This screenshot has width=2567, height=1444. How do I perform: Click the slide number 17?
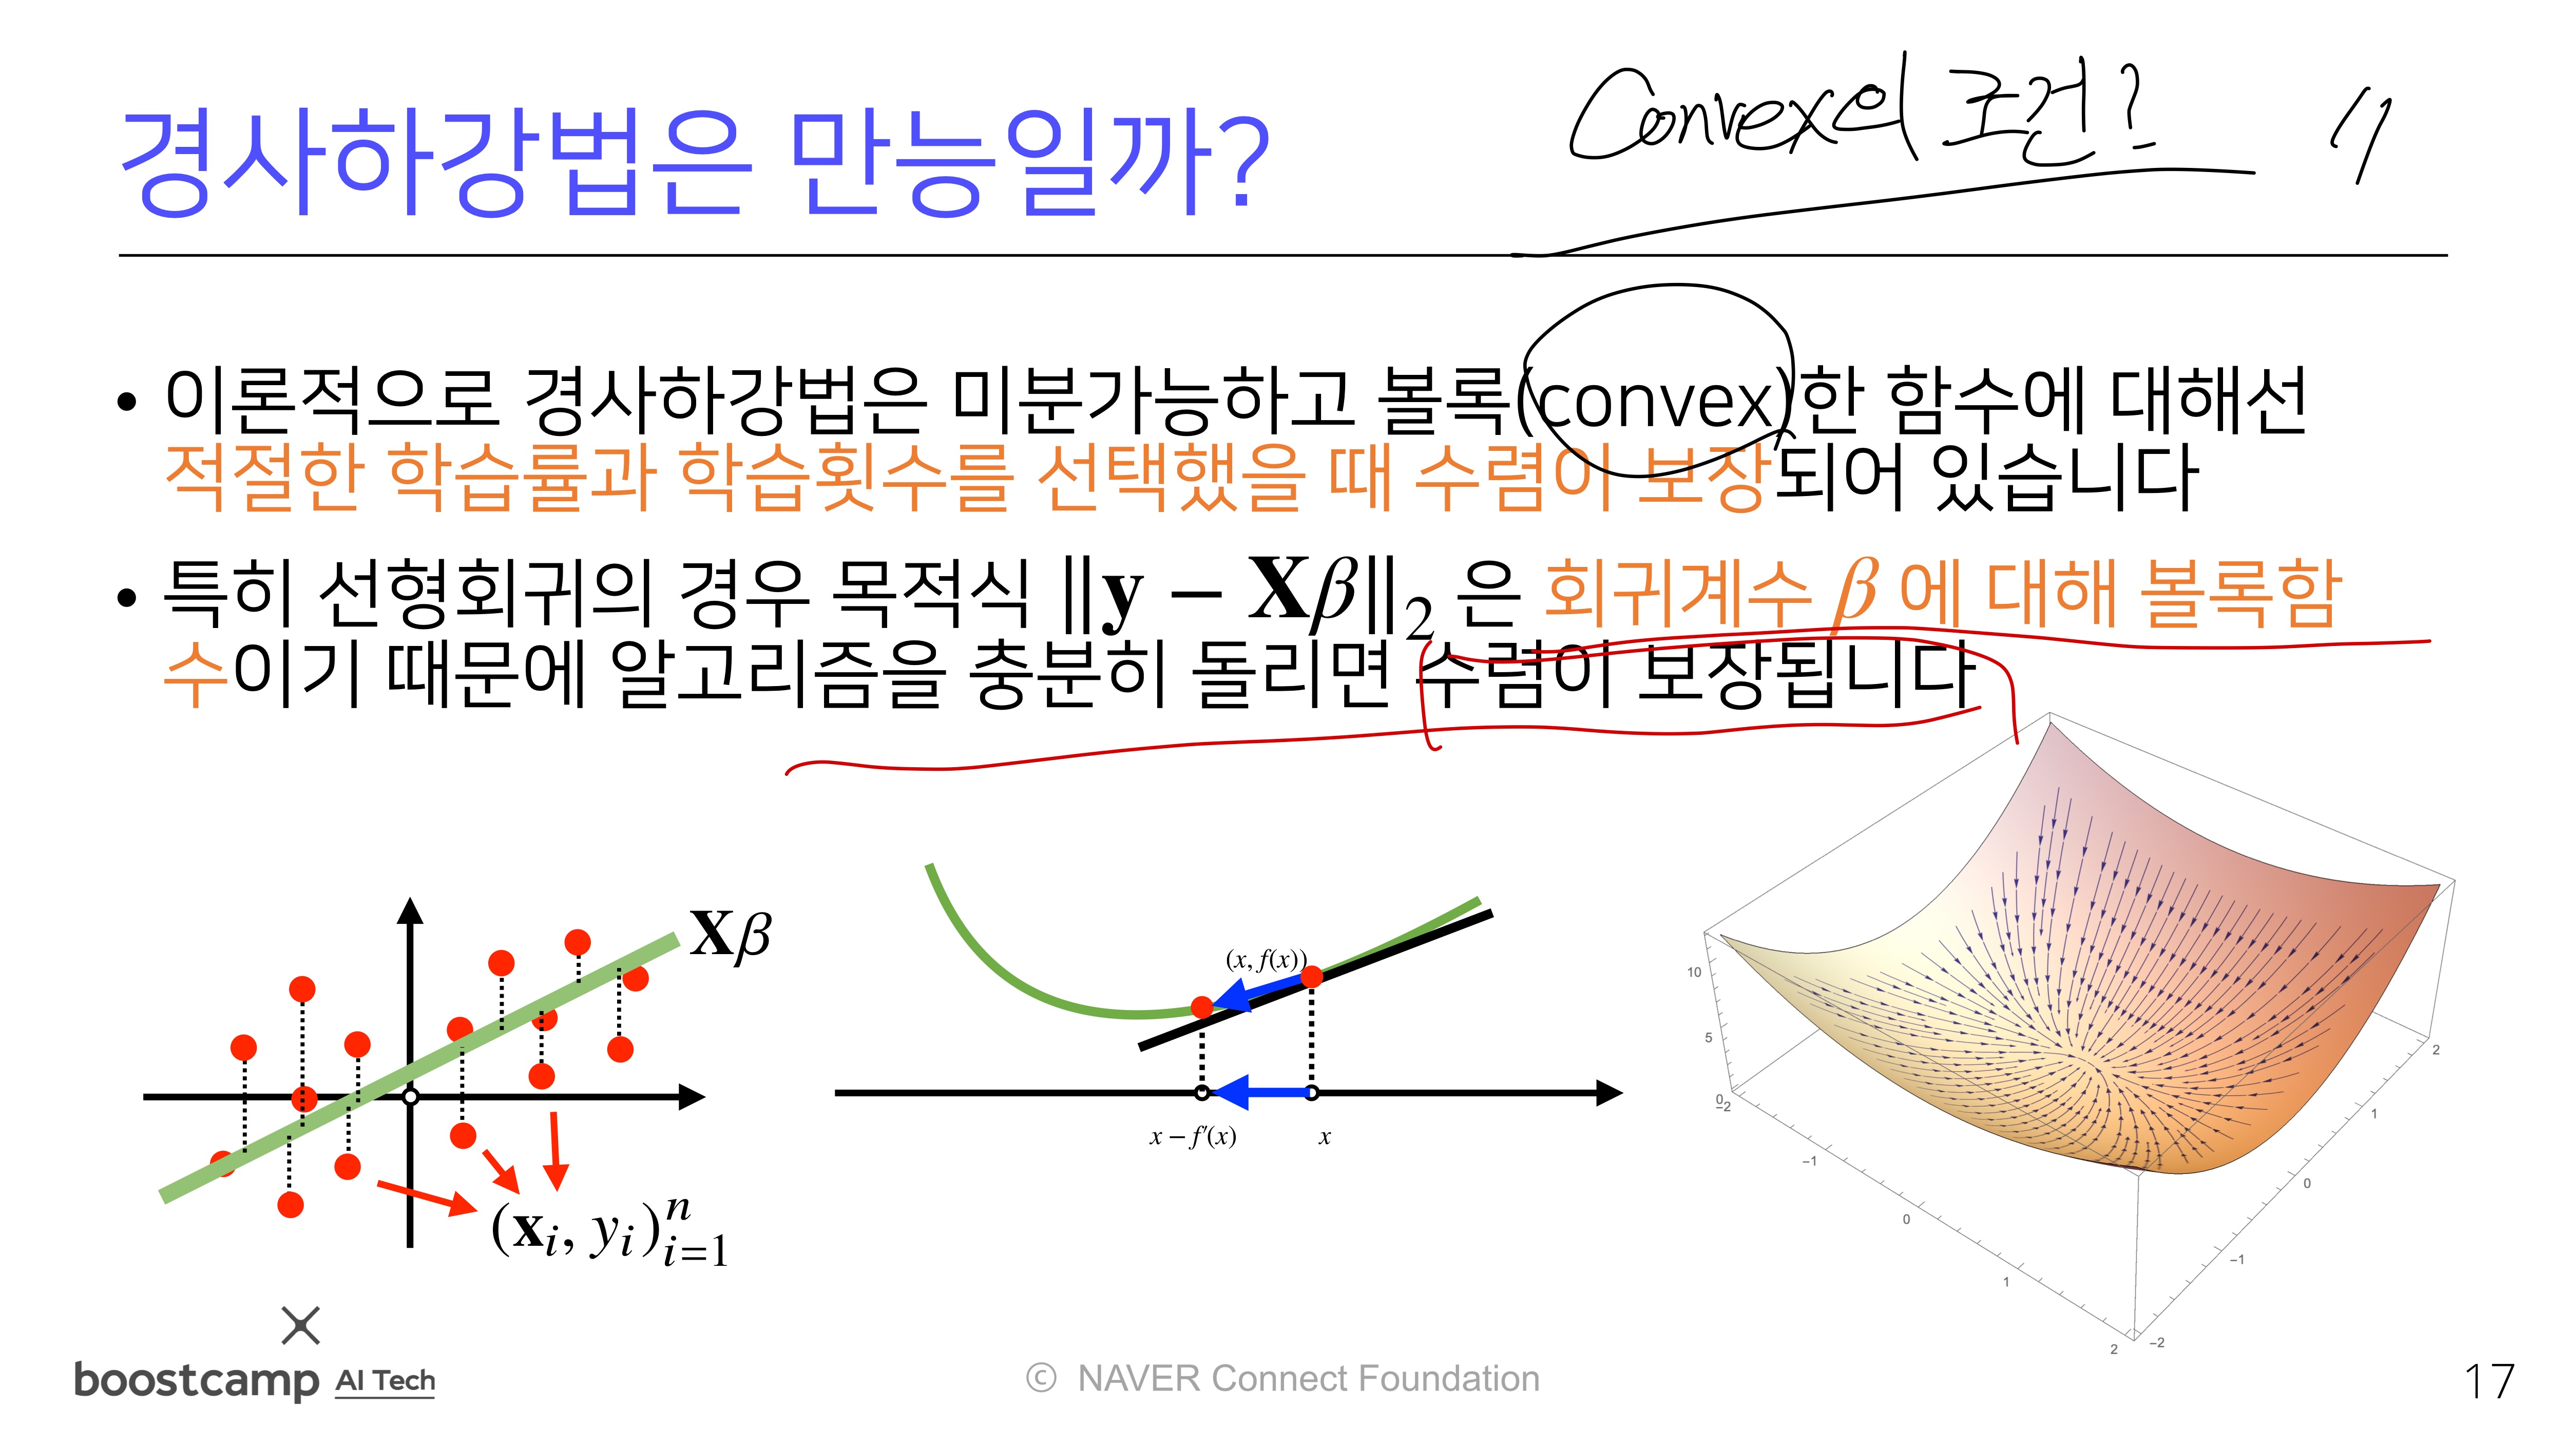tap(2488, 1381)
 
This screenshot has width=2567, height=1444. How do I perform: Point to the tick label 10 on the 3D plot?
tap(1694, 972)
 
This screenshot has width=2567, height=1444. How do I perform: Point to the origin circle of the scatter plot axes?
tap(410, 1097)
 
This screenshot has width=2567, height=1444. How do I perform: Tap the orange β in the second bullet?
tap(1855, 593)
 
